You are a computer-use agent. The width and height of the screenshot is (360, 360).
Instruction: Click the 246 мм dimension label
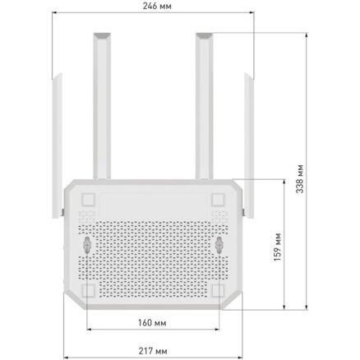[157, 6]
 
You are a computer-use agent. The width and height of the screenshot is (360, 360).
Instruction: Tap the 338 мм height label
[300, 179]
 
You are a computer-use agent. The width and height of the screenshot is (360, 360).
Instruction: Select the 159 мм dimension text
[277, 247]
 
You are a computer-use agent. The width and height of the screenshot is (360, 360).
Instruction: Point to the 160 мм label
[152, 323]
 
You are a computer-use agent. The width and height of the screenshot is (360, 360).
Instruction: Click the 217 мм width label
[153, 351]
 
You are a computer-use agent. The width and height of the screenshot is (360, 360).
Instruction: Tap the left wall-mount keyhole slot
[87, 245]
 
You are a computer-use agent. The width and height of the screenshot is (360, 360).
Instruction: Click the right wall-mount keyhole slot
[219, 245]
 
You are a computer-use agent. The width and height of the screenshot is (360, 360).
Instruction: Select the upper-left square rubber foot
[88, 200]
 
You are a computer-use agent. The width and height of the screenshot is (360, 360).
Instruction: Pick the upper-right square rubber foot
[218, 200]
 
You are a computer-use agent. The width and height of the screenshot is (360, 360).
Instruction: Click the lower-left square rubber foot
[88, 290]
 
